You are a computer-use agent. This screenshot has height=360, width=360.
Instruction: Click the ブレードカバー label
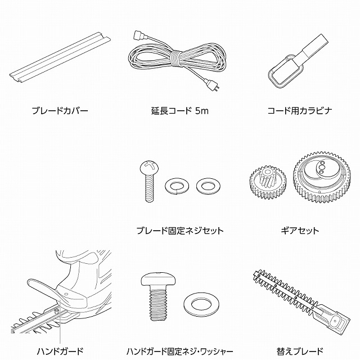click(60, 111)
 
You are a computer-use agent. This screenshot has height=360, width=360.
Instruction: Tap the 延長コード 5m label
click(180, 111)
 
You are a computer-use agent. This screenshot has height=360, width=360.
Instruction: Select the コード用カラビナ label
click(300, 111)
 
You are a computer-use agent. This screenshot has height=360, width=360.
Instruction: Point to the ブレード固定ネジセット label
click(180, 231)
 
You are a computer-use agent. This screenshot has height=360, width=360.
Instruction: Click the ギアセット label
click(300, 231)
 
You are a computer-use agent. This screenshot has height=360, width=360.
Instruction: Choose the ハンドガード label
click(60, 351)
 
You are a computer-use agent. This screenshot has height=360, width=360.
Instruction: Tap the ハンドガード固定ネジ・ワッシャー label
click(180, 351)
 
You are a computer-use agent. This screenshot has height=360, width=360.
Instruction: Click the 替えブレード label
click(300, 351)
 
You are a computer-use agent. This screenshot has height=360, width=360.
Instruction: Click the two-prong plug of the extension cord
click(213, 84)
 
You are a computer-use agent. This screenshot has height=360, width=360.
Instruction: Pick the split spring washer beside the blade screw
click(177, 185)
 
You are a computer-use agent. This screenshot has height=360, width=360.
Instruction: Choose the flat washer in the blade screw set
click(208, 185)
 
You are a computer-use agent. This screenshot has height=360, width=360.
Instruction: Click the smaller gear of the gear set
click(268, 182)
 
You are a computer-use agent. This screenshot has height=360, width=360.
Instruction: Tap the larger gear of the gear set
click(321, 177)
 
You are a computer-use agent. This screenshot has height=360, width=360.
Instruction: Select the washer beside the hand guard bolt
click(201, 304)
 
